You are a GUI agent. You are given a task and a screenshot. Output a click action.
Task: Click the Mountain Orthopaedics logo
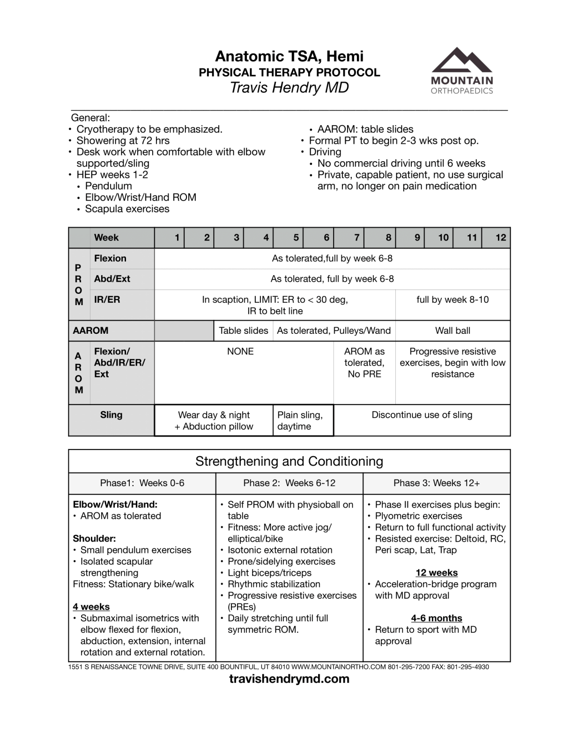[461, 71]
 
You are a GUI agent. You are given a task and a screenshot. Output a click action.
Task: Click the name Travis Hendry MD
[289, 88]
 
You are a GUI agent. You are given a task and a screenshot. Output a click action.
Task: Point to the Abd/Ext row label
[112, 279]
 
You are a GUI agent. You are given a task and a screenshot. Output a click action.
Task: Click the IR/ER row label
[107, 300]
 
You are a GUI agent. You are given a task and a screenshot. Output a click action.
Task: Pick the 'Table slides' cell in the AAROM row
[243, 330]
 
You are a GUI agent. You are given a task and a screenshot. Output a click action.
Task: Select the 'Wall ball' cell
[453, 330]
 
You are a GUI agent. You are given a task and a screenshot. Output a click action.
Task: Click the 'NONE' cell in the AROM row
[240, 352]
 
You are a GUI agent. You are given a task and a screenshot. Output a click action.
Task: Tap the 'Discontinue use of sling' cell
[422, 415]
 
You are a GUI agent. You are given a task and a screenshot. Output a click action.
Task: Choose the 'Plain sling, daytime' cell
[300, 420]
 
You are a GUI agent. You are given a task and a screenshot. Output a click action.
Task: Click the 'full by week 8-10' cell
[453, 300]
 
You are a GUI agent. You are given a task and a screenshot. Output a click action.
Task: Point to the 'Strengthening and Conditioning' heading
[289, 461]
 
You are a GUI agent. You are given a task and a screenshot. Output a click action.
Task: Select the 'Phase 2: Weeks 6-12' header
[289, 483]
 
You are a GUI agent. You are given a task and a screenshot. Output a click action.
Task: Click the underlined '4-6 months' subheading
[437, 618]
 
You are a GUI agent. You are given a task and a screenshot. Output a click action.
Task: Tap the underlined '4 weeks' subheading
[91, 607]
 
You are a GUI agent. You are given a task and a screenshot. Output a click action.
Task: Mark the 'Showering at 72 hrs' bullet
[123, 141]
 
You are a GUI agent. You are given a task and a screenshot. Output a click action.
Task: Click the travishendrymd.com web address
[289, 679]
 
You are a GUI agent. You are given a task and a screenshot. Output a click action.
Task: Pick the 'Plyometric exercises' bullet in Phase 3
[418, 516]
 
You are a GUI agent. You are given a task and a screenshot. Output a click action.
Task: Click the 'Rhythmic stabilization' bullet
[274, 585]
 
